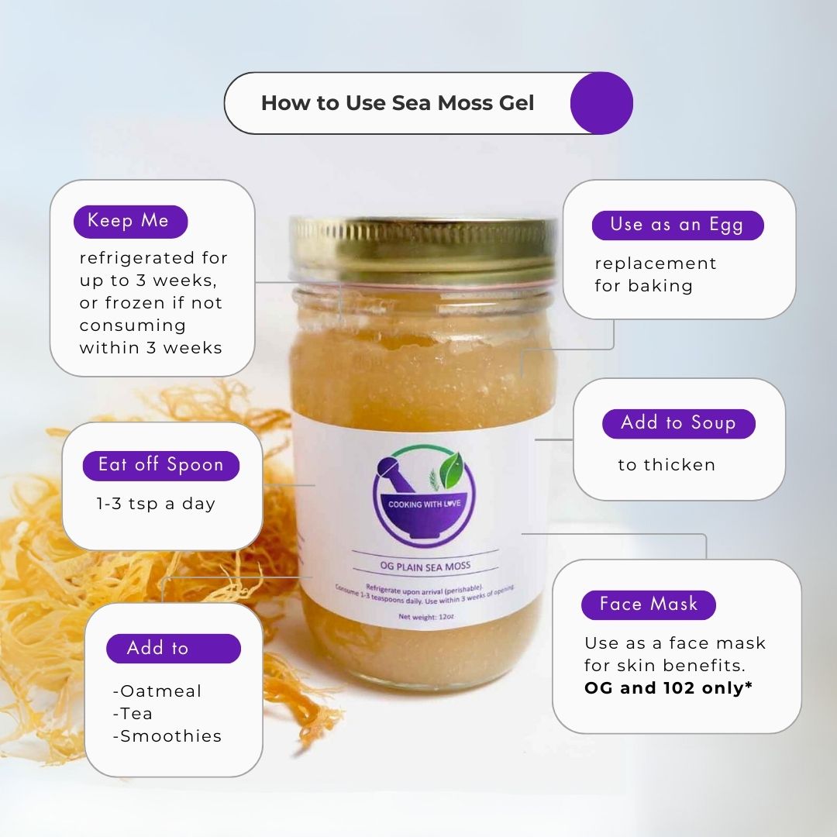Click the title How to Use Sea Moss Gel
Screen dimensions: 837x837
(398, 103)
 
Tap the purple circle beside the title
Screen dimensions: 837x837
(601, 103)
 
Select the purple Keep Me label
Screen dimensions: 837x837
(130, 222)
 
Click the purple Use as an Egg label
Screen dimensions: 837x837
(677, 225)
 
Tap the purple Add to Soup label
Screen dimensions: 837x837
(678, 423)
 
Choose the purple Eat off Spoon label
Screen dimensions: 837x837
(160, 465)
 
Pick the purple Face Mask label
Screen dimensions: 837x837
(648, 604)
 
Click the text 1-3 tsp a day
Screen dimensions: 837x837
(156, 504)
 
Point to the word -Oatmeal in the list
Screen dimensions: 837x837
(157, 691)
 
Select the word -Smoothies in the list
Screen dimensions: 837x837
(167, 735)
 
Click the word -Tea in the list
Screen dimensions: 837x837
(133, 713)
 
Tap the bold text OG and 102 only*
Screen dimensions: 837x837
(668, 687)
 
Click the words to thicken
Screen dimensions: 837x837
(666, 465)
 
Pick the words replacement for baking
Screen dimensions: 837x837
(655, 274)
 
